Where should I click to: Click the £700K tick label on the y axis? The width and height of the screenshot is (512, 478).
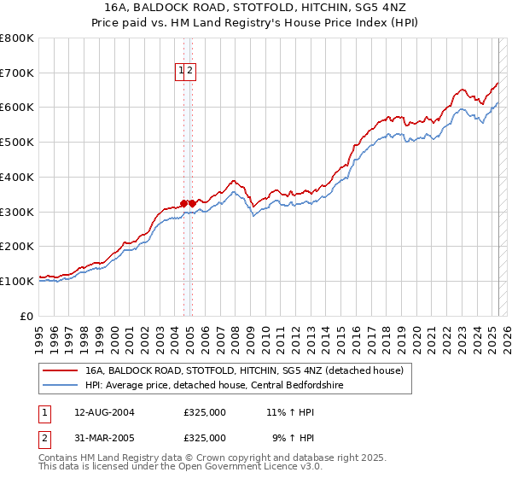[x=17, y=73]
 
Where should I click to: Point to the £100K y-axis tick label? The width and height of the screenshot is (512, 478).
[x=17, y=281]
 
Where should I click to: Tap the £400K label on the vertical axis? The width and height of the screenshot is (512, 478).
[x=17, y=177]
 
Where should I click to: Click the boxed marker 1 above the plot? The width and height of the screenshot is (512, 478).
[x=182, y=72]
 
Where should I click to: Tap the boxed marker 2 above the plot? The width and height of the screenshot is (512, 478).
[x=191, y=72]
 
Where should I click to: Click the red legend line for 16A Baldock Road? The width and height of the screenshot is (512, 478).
[x=59, y=370]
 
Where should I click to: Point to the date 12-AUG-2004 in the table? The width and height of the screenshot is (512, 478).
[x=105, y=412]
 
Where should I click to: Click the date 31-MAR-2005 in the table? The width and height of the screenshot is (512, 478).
[x=105, y=438]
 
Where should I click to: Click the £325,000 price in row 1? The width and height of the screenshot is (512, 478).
[x=205, y=412]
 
